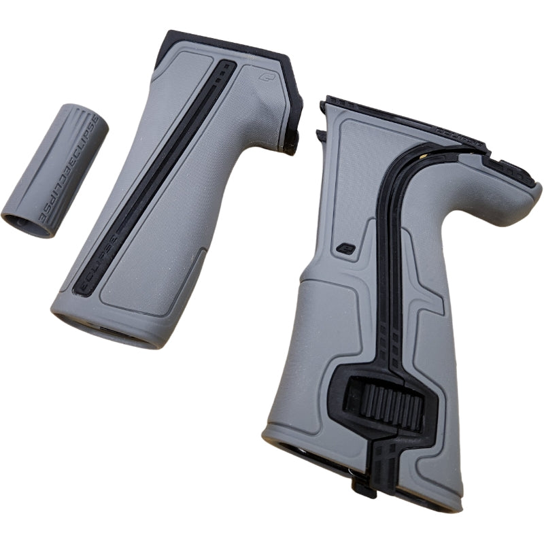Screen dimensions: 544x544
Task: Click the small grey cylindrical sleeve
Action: (51, 170)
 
